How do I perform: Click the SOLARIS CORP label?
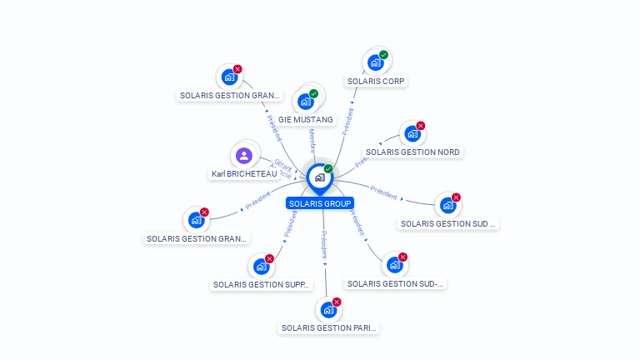(x=377, y=81)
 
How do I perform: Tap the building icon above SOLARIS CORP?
(x=375, y=62)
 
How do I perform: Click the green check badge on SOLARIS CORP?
(x=383, y=55)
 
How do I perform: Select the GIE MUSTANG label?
(x=306, y=119)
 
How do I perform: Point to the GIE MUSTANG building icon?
(x=306, y=102)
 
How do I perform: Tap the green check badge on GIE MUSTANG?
(x=313, y=93)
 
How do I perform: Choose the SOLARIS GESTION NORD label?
(x=412, y=152)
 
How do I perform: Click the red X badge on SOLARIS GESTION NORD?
(x=420, y=126)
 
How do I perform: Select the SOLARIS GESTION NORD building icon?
(x=412, y=133)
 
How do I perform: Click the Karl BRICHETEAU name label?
(x=244, y=174)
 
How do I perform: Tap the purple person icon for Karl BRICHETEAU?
(x=243, y=155)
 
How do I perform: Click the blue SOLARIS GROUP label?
(x=320, y=202)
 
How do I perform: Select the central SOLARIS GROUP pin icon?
(x=319, y=177)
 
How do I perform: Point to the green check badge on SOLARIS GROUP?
(x=328, y=168)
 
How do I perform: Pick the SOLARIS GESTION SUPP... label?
(x=262, y=284)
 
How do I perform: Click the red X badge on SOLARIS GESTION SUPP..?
(x=269, y=258)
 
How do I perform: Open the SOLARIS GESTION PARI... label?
(x=329, y=327)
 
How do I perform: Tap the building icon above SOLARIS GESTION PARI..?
(x=328, y=310)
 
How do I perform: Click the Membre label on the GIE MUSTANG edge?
(x=313, y=141)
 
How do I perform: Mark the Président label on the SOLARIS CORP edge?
(x=347, y=122)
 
